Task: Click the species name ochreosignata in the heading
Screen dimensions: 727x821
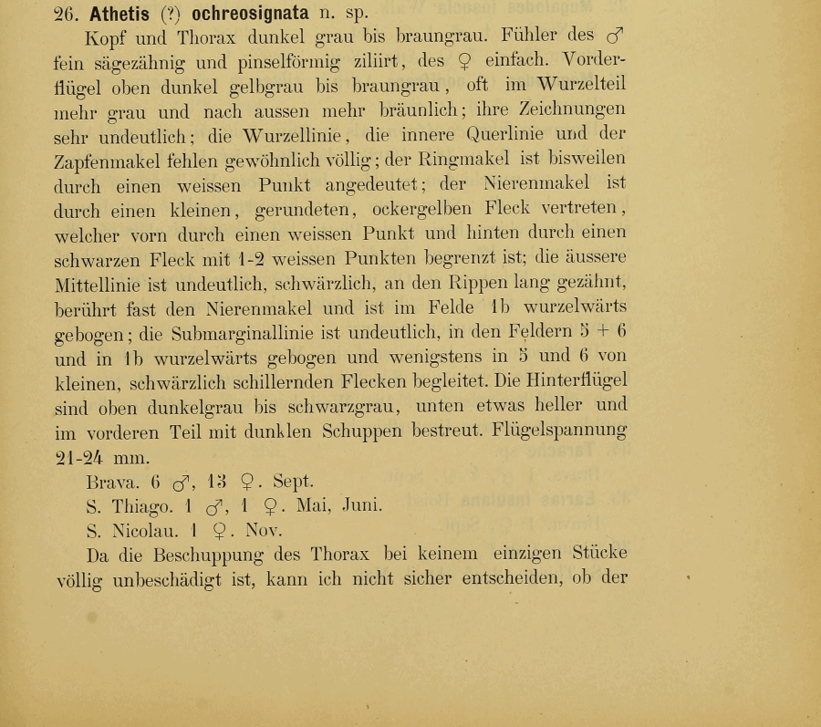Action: [x=250, y=14]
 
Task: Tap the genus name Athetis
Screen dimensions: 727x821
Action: [x=120, y=14]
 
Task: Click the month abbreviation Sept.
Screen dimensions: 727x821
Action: [x=293, y=481]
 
